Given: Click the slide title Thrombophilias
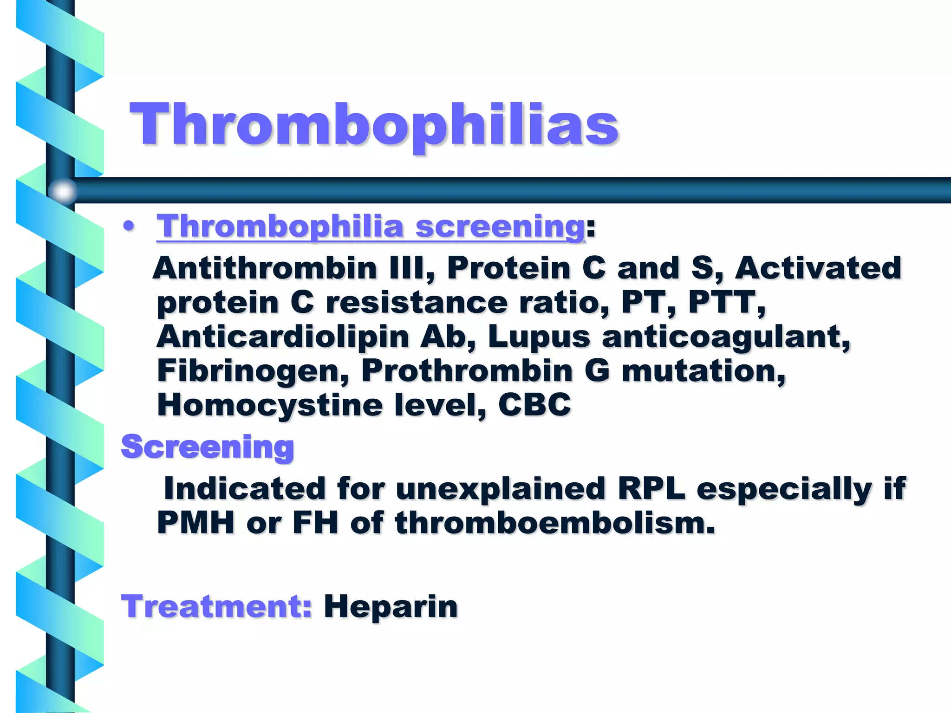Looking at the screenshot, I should point(374,124).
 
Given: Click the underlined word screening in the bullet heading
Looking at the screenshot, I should point(500,227).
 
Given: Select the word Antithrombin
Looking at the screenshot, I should point(265,268).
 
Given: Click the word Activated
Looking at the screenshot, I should point(818,268).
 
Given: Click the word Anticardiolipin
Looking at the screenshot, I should point(282,337).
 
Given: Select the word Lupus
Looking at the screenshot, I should point(539,337).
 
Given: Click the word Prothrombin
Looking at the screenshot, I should point(467,371).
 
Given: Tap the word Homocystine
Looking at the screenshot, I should point(269,405).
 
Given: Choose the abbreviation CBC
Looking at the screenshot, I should point(534,405).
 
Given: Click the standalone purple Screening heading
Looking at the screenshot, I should point(208,447).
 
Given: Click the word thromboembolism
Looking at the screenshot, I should point(555,523).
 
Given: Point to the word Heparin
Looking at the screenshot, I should point(391,606).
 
